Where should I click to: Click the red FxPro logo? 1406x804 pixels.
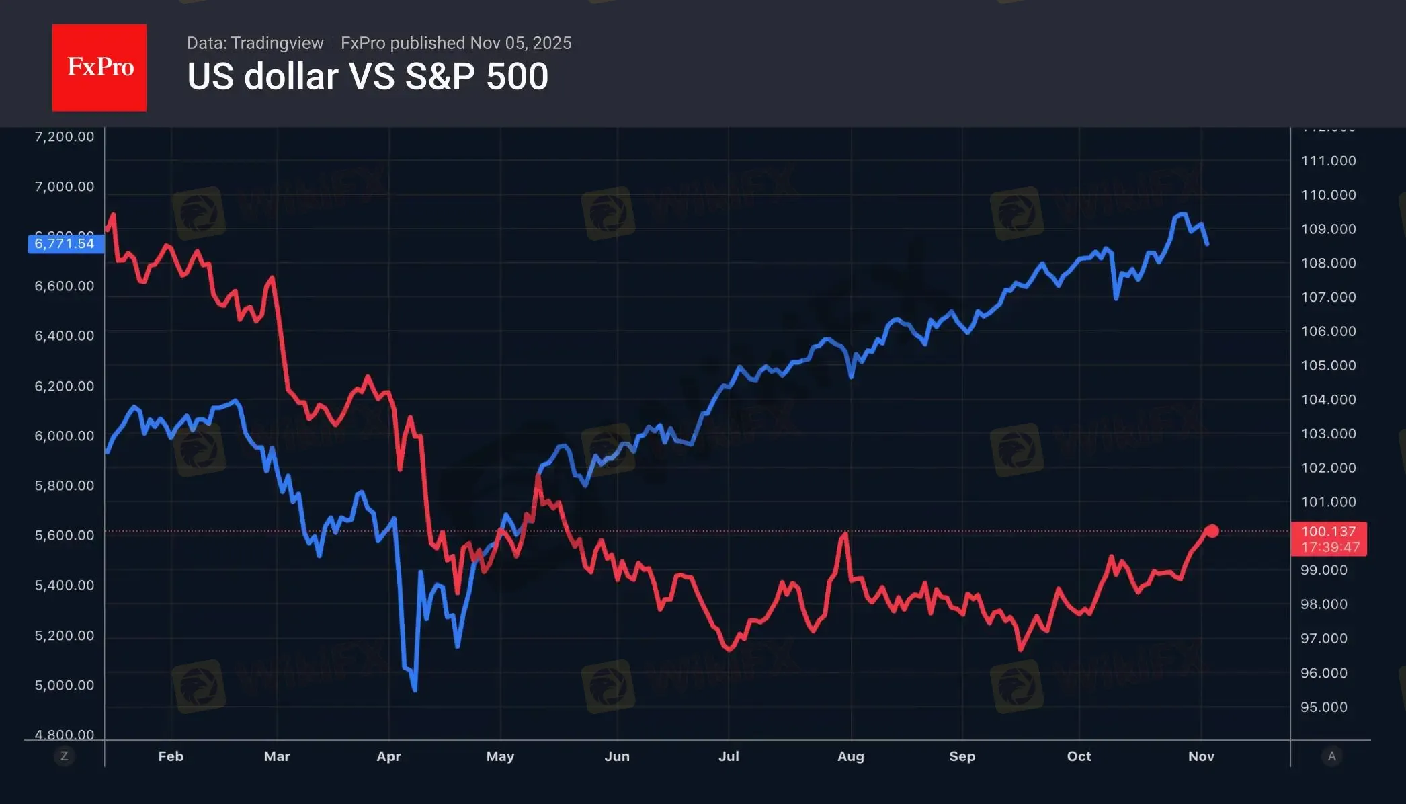point(99,67)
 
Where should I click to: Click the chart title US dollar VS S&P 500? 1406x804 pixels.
point(368,77)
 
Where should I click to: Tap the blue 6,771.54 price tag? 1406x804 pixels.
point(65,243)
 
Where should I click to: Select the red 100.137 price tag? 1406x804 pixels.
point(1328,538)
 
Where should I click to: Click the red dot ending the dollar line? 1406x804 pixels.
point(1212,531)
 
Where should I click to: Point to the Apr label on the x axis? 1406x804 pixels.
point(388,756)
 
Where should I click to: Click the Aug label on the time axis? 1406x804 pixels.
point(850,756)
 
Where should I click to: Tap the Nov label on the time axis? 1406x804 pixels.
point(1201,756)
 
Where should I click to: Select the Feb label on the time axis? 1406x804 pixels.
point(171,756)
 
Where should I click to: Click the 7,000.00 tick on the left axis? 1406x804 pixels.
point(65,186)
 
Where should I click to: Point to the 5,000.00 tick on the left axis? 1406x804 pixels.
point(65,685)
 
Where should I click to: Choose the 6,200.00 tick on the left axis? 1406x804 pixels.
point(65,386)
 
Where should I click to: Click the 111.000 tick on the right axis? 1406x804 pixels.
point(1328,161)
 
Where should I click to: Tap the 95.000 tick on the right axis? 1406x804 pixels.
point(1323,707)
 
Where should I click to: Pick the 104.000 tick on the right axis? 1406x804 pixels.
point(1328,399)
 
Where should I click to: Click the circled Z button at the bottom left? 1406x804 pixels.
point(65,756)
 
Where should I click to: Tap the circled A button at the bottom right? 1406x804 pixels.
point(1331,756)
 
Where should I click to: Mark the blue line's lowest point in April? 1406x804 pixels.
point(415,690)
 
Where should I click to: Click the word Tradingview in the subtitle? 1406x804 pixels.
point(277,43)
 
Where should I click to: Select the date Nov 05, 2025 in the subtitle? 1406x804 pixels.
point(521,43)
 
